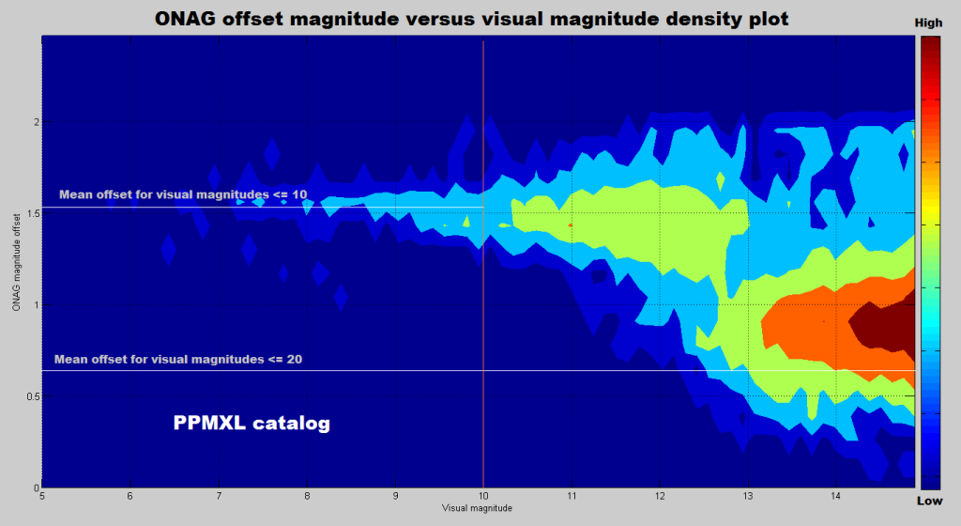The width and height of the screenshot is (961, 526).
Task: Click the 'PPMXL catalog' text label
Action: click(x=252, y=424)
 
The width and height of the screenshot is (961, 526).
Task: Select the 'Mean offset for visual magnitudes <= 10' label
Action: click(x=183, y=195)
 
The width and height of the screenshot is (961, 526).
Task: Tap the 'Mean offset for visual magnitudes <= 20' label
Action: click(x=177, y=359)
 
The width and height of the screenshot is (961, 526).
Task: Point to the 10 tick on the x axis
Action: click(x=482, y=496)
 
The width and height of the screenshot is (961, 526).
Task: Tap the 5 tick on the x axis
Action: click(x=43, y=496)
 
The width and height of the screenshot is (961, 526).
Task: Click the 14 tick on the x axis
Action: click(x=835, y=496)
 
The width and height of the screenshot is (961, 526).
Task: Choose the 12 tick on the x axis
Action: click(x=659, y=496)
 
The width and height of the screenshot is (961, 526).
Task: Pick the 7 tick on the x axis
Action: click(x=219, y=496)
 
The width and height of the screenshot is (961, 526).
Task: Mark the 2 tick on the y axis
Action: click(x=35, y=122)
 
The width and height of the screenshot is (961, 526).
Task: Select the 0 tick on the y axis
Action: click(x=36, y=487)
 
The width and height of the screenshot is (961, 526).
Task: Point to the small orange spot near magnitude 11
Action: click(x=571, y=225)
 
